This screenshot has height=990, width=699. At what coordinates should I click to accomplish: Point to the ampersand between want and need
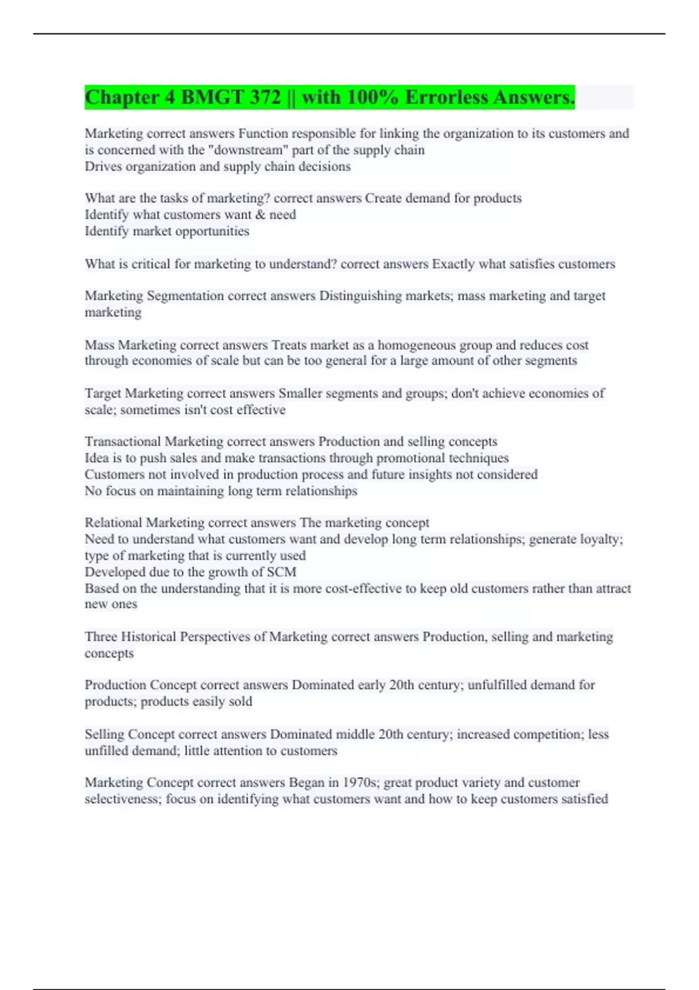260,215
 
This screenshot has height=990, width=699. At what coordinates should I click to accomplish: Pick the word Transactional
122,441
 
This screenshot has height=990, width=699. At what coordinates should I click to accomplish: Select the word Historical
149,637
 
